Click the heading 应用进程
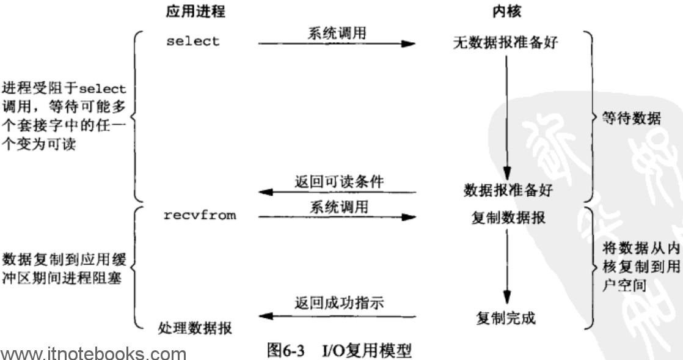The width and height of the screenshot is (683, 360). (x=195, y=11)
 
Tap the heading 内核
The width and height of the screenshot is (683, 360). (x=506, y=11)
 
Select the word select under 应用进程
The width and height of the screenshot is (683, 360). (x=193, y=42)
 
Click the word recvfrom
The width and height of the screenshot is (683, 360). (x=200, y=215)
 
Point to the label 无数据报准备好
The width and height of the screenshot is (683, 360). (x=505, y=42)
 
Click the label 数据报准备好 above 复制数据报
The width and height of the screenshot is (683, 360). (x=508, y=190)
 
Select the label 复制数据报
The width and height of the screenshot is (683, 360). (x=508, y=218)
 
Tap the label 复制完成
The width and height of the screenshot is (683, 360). (x=506, y=318)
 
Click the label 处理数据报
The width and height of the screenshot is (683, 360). (x=195, y=328)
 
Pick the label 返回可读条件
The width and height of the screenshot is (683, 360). (x=339, y=182)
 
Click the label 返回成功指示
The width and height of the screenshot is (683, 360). (x=339, y=303)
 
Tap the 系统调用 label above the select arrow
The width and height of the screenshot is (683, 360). (x=337, y=33)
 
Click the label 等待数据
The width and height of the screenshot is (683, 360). (x=631, y=118)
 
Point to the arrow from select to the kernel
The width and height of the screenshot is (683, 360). (x=337, y=43)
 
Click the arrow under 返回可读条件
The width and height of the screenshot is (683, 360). (x=338, y=192)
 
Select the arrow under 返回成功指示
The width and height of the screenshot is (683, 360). (x=338, y=316)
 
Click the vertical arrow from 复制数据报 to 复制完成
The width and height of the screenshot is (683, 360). (x=506, y=266)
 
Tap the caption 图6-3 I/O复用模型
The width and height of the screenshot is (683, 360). (x=339, y=350)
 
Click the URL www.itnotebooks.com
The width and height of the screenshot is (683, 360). (x=93, y=353)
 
